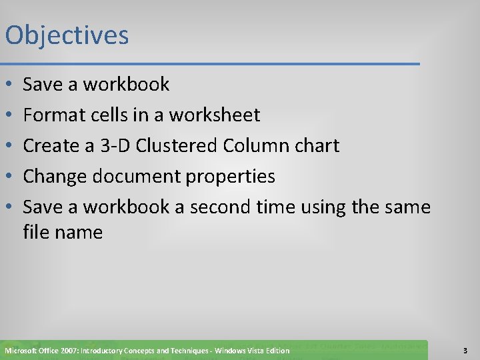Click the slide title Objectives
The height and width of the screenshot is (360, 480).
click(67, 35)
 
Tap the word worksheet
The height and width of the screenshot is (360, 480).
click(214, 115)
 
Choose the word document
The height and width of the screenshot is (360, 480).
click(135, 177)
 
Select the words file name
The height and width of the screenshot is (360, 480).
click(63, 233)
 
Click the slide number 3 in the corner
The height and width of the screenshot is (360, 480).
click(464, 350)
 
